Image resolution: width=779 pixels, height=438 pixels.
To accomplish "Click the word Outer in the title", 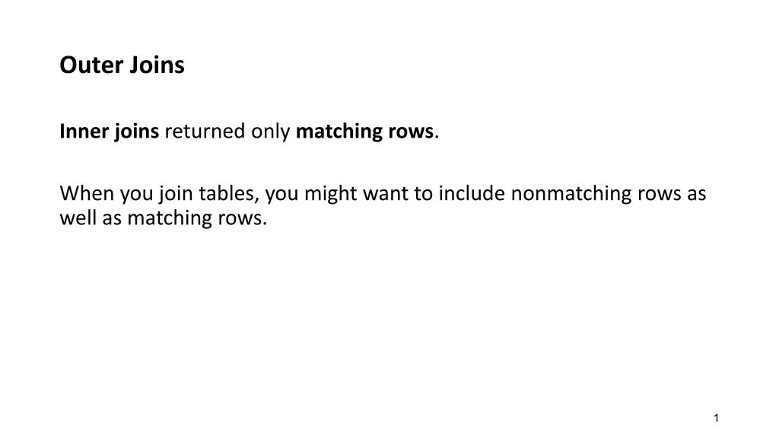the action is pyautogui.click(x=91, y=65).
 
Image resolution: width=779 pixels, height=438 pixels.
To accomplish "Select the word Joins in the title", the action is pyautogui.click(x=157, y=65).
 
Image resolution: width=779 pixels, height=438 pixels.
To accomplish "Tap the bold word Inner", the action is pyautogui.click(x=84, y=131).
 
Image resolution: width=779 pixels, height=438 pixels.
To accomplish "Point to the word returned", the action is pyautogui.click(x=205, y=131).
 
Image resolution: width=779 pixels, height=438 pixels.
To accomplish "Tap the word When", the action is pyautogui.click(x=87, y=193).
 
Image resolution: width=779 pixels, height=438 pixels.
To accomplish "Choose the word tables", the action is pyautogui.click(x=229, y=194).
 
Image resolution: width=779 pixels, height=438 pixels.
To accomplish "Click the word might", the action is pyautogui.click(x=330, y=194).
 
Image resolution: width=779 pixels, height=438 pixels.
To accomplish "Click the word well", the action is pyautogui.click(x=78, y=218).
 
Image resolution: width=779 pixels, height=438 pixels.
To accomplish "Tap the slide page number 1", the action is pyautogui.click(x=717, y=418).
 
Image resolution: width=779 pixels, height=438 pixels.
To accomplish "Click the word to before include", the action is pyautogui.click(x=423, y=194).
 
